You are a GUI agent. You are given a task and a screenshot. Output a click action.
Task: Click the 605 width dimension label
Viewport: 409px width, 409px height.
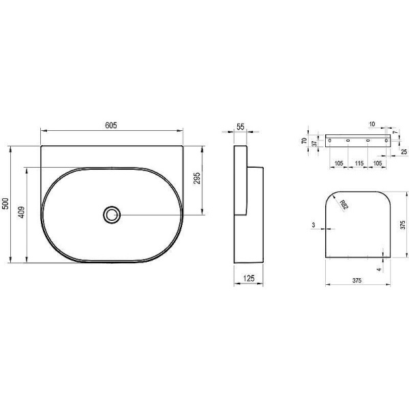tap(112, 125)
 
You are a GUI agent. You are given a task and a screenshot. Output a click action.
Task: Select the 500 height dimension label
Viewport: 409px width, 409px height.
tap(6, 204)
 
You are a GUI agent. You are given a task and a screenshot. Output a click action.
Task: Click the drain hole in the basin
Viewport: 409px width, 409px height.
tap(112, 215)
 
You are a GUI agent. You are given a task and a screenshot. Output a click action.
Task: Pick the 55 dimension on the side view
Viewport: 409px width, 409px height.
tap(241, 127)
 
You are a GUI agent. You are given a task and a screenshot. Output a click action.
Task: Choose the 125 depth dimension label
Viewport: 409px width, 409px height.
tap(249, 278)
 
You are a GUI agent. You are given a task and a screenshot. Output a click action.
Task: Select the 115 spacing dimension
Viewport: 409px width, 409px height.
tap(359, 164)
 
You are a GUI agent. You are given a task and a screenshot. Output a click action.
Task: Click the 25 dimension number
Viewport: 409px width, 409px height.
tap(404, 151)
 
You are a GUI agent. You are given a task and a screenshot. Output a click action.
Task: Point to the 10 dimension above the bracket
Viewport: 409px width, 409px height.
tap(372, 125)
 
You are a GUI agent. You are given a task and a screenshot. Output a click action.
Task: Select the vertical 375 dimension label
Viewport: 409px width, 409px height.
tap(404, 226)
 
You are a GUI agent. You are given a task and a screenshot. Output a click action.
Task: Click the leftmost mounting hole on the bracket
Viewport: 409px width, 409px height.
tap(332, 141)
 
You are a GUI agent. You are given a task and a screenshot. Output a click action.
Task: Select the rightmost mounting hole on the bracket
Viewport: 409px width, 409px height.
tap(385, 141)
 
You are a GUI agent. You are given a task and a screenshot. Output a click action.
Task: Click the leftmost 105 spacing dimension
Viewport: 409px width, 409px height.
tap(339, 164)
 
